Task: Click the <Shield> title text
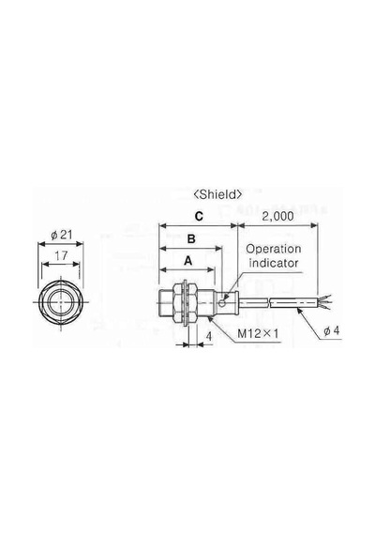217,194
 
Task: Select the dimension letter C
199,216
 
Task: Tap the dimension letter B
191,238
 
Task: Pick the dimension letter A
187,261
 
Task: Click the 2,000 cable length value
277,216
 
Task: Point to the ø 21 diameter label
62,235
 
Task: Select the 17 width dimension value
61,255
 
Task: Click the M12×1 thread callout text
258,333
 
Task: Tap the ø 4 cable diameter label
332,330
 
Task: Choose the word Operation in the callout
274,249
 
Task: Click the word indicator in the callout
274,263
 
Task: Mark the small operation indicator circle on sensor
222,302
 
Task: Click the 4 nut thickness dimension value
209,336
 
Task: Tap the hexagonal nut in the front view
61,302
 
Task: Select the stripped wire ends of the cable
323,302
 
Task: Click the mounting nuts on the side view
185,302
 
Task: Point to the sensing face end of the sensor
160,302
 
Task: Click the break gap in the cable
269,302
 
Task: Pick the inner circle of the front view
61,302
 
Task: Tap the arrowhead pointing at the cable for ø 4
299,310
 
